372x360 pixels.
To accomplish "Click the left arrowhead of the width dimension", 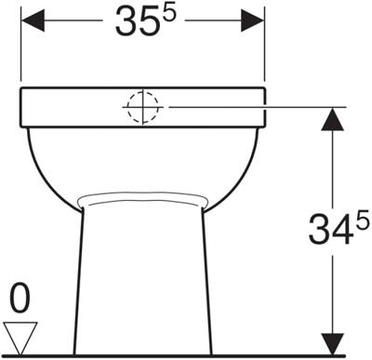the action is coord(33,20).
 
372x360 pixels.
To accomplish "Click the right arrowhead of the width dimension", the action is coord(253,20).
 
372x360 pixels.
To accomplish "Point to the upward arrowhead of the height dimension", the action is coord(333,119).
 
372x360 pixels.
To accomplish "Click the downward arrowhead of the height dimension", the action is coord(333,343).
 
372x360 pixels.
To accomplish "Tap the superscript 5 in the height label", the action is coord(363,218).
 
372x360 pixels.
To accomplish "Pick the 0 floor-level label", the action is coord(20,298).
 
